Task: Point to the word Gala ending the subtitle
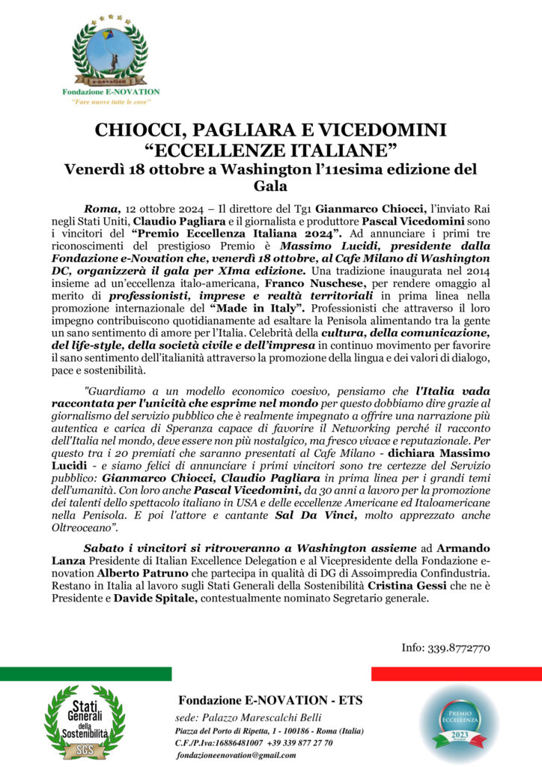(x=270, y=185)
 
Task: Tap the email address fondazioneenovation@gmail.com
(x=236, y=756)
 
